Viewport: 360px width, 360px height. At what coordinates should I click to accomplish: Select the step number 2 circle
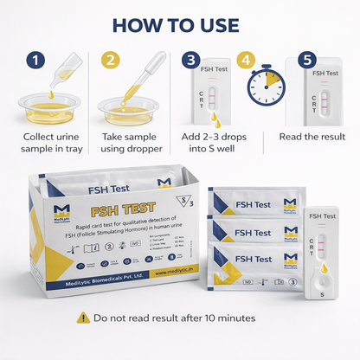tap(110, 61)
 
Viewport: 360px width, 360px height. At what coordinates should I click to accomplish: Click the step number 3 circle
tap(190, 61)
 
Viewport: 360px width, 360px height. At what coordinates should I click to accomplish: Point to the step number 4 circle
tap(247, 61)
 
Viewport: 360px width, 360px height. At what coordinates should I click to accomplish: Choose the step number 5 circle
tap(306, 61)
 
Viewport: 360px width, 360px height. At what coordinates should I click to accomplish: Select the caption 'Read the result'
tap(313, 137)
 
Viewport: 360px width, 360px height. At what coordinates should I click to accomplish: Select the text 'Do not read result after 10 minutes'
tap(190, 318)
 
